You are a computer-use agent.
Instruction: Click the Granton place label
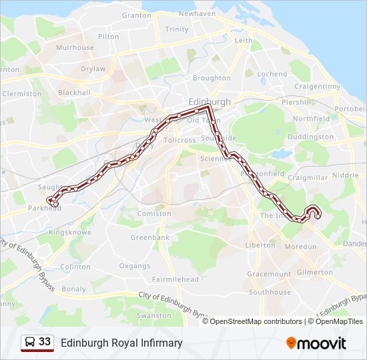(x=136, y=15)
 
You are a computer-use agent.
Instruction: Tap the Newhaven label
(x=197, y=13)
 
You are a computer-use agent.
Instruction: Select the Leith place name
(x=244, y=41)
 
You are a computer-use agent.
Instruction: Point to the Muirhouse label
(x=75, y=48)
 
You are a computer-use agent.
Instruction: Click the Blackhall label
(x=74, y=93)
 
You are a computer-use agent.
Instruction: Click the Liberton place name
(x=260, y=245)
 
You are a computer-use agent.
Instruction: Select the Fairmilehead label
(x=175, y=279)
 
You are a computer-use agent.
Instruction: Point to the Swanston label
(x=153, y=315)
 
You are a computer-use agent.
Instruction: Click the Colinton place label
(x=75, y=267)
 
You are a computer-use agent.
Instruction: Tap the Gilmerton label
(x=314, y=272)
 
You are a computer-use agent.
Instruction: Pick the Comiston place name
(x=153, y=213)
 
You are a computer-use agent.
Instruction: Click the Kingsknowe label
(x=69, y=232)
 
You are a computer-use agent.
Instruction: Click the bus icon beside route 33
(x=30, y=343)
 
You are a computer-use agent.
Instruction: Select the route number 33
(x=45, y=342)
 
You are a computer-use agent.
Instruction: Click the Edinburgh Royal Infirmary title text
(x=121, y=343)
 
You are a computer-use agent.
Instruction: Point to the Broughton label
(x=212, y=78)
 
